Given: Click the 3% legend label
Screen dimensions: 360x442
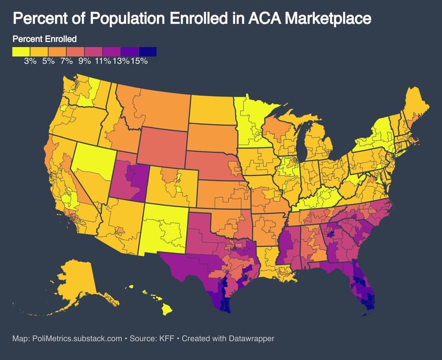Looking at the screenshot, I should click(x=30, y=61).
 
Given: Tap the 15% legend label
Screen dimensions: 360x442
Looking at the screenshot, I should click(x=139, y=61).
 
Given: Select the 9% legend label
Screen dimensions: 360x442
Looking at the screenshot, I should click(x=84, y=61).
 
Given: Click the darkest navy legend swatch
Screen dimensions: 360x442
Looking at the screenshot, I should click(x=148, y=52).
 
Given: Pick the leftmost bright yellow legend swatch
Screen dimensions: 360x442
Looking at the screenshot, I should click(x=21, y=52).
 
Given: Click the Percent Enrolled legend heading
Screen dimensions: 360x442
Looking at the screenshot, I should click(x=45, y=39).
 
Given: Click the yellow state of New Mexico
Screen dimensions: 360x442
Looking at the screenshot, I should click(x=164, y=229).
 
